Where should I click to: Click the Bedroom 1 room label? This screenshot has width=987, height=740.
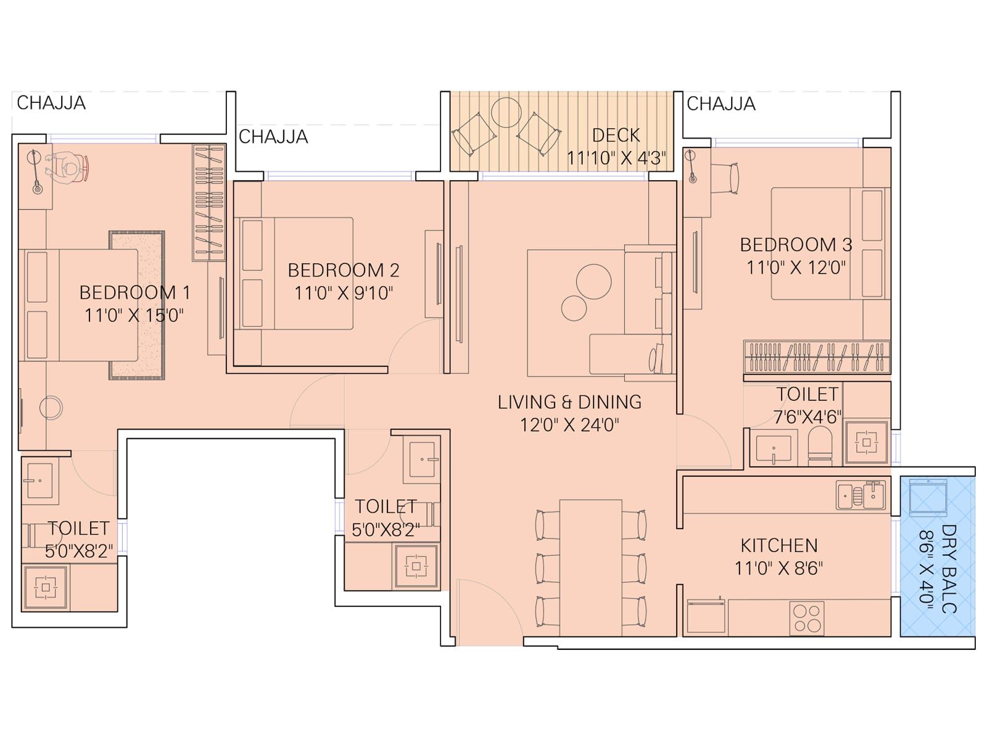click(x=134, y=292)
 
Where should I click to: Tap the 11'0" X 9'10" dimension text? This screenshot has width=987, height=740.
click(x=343, y=293)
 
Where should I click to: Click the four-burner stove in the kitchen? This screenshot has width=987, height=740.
click(x=807, y=617)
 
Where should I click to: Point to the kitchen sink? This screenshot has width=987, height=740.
click(x=861, y=495)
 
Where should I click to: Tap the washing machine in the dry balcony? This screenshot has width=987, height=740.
click(x=928, y=496)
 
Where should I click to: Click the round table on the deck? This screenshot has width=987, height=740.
click(x=506, y=112)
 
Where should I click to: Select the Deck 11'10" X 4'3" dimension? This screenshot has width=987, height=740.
click(x=616, y=158)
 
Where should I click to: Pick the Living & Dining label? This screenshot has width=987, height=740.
click(x=569, y=402)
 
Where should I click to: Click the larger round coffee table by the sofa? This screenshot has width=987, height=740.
click(x=593, y=281)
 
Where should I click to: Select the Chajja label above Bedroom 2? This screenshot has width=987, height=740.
click(x=273, y=136)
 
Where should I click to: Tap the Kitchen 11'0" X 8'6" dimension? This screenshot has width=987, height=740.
click(x=778, y=568)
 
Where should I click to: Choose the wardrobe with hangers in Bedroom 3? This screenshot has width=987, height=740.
click(x=816, y=357)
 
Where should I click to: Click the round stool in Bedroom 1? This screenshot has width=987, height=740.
click(x=51, y=408)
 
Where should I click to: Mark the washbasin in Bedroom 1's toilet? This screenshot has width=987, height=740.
click(x=40, y=479)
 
